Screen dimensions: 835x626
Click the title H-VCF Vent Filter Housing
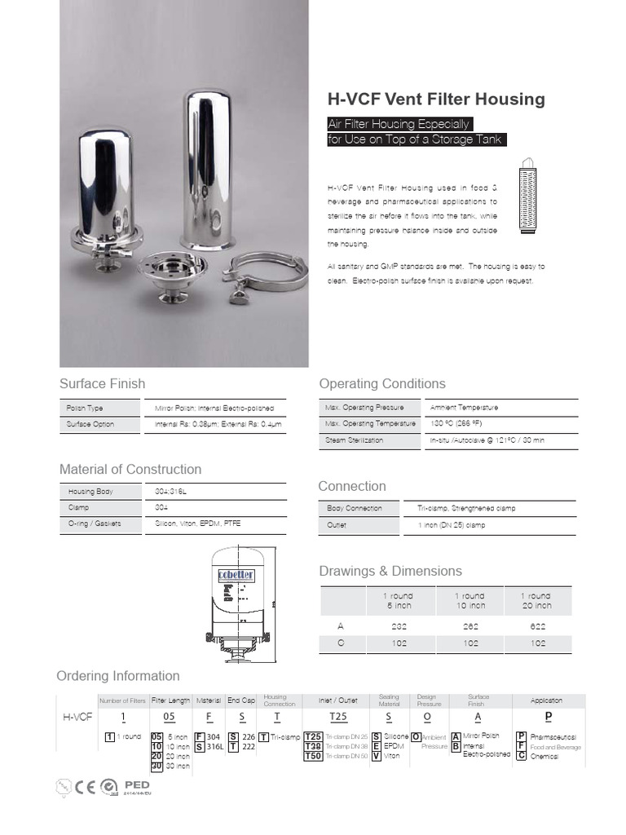point(435,99)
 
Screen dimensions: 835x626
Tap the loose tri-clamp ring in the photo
point(264,273)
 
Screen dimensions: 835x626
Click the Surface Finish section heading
point(102,383)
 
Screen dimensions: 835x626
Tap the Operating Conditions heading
point(382,383)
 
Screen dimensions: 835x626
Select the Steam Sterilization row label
point(354,440)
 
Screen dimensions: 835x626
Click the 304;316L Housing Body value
point(176,492)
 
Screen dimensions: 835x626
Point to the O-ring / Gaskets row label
point(94,524)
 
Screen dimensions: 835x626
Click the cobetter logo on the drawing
point(236,575)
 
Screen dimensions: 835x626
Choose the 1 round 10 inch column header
point(470,601)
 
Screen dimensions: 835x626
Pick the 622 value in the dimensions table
point(537,626)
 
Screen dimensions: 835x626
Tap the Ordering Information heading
point(117,676)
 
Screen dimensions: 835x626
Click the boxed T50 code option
point(313,756)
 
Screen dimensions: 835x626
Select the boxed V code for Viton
point(376,756)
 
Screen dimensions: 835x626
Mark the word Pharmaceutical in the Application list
point(553,736)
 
